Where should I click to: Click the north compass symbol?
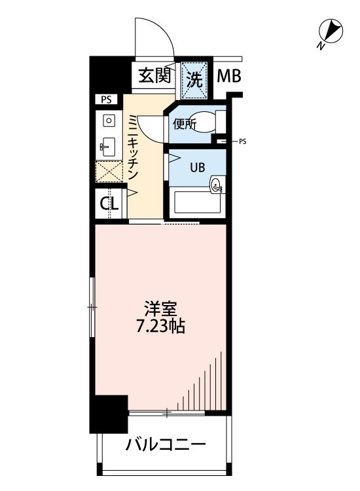point(331,32)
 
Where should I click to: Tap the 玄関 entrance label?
point(154,75)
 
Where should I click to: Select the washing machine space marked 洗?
point(194,80)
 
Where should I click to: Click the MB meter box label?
point(229,76)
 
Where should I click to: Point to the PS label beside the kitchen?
point(106,100)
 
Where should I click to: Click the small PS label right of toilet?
point(243,142)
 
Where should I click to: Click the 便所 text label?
point(185,124)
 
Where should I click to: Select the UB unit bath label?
point(198,168)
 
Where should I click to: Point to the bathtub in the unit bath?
point(198,202)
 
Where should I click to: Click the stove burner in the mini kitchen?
point(109,120)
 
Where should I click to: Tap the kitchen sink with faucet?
point(107,147)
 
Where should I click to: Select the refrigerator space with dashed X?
point(109,172)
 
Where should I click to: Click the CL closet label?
point(109,204)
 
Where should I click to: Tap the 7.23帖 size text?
point(160,326)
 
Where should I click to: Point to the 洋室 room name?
point(160,309)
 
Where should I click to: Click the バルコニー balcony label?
point(166,445)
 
